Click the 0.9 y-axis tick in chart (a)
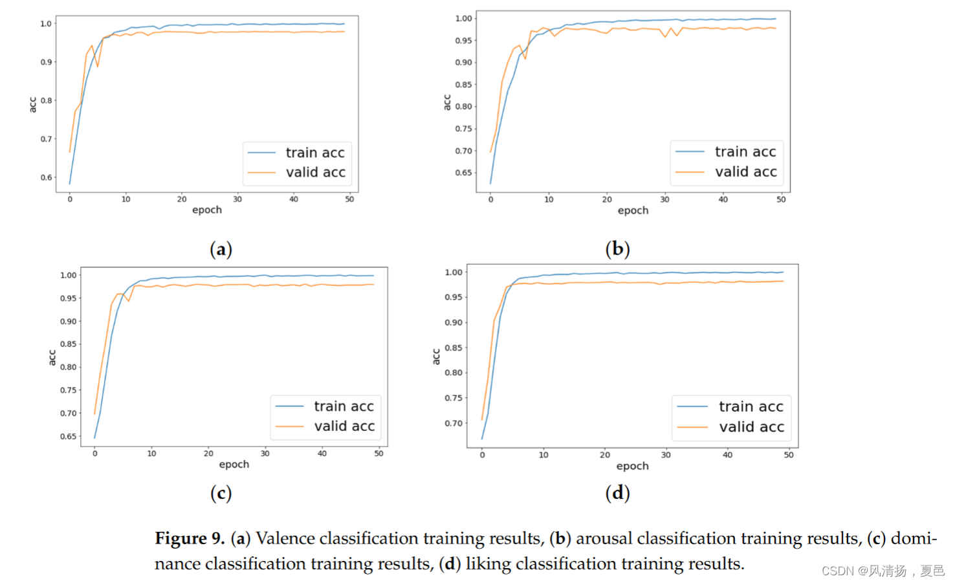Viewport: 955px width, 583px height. tap(46, 62)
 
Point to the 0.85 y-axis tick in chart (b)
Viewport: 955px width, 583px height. tap(463, 85)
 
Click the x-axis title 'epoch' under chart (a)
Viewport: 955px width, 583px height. tap(207, 210)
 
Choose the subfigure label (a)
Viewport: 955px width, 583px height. tap(221, 249)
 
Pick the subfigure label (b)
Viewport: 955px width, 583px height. tap(617, 248)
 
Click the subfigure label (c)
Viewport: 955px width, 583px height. tap(221, 493)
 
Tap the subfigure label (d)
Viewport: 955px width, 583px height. tap(617, 493)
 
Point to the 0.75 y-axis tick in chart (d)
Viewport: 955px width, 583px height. tap(454, 398)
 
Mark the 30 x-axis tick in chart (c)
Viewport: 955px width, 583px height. tap(265, 454)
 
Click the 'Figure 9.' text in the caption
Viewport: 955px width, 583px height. tap(189, 538)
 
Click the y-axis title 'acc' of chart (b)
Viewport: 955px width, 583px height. tap(446, 102)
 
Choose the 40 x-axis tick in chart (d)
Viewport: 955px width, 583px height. tap(727, 455)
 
